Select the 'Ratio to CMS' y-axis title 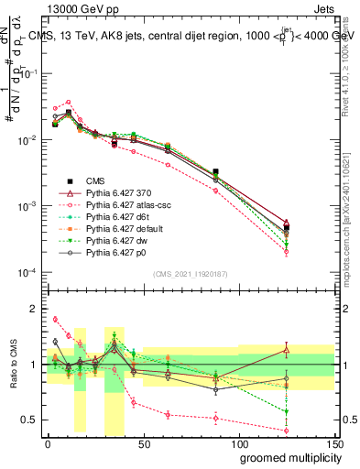[x=15, y=365]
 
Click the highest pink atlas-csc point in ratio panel [x=55, y=320]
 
